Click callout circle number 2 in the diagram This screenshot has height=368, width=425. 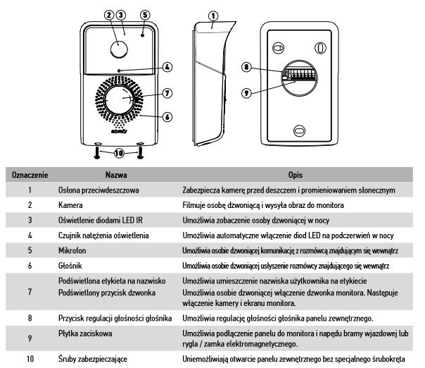(x=108, y=14)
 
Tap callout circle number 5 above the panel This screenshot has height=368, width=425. (x=145, y=14)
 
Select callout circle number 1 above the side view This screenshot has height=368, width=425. (x=213, y=13)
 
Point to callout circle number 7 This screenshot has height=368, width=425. (x=166, y=92)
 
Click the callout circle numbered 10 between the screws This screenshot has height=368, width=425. (x=118, y=152)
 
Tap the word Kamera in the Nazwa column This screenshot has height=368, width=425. (x=69, y=204)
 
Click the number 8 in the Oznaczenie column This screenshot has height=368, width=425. (x=30, y=317)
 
